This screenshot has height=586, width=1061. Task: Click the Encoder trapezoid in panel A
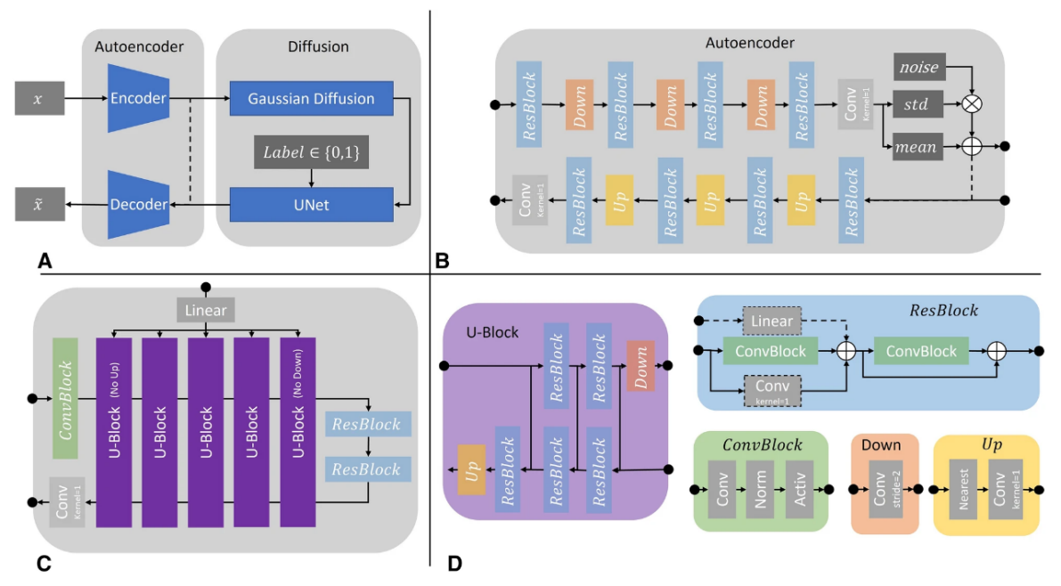pyautogui.click(x=138, y=99)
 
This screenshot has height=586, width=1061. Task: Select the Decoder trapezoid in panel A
pyautogui.click(x=138, y=205)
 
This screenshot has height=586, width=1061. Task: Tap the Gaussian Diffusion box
pyautogui.click(x=311, y=99)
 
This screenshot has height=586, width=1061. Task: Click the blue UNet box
pyautogui.click(x=311, y=205)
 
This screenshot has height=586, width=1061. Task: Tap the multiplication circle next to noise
pyautogui.click(x=971, y=104)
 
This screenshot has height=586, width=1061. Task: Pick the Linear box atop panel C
pyautogui.click(x=206, y=311)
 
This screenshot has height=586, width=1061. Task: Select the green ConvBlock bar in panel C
pyautogui.click(x=66, y=398)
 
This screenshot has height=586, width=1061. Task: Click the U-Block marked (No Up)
pyautogui.click(x=113, y=432)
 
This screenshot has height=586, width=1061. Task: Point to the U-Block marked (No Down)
pyautogui.click(x=298, y=432)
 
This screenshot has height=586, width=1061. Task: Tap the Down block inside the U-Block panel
pyautogui.click(x=640, y=365)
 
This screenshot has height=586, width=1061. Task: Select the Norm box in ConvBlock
pyautogui.click(x=760, y=489)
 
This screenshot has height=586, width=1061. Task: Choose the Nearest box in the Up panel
pyautogui.click(x=963, y=490)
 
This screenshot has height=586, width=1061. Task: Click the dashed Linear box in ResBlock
pyautogui.click(x=771, y=320)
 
